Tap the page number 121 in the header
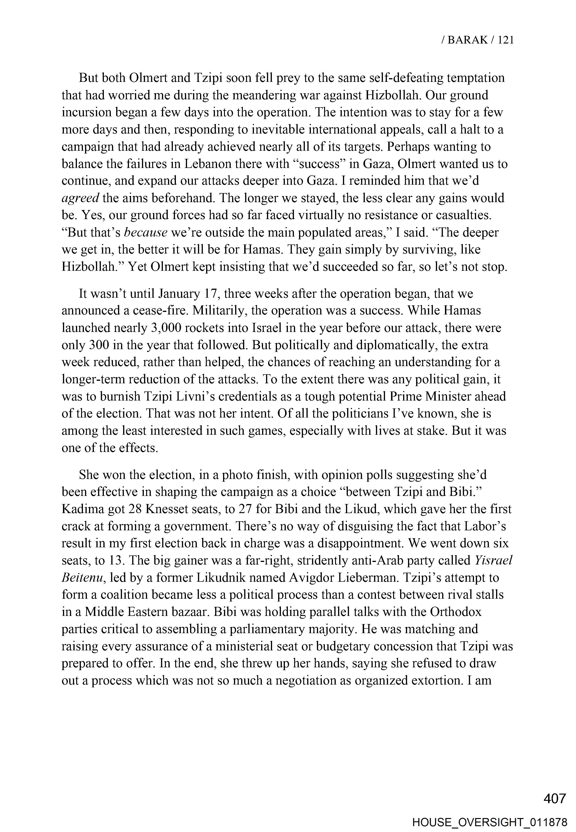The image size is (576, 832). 505,40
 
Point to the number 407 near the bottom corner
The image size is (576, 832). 555,798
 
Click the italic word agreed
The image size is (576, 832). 80,198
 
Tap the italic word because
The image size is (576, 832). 145,233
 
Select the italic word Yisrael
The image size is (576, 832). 493,560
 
